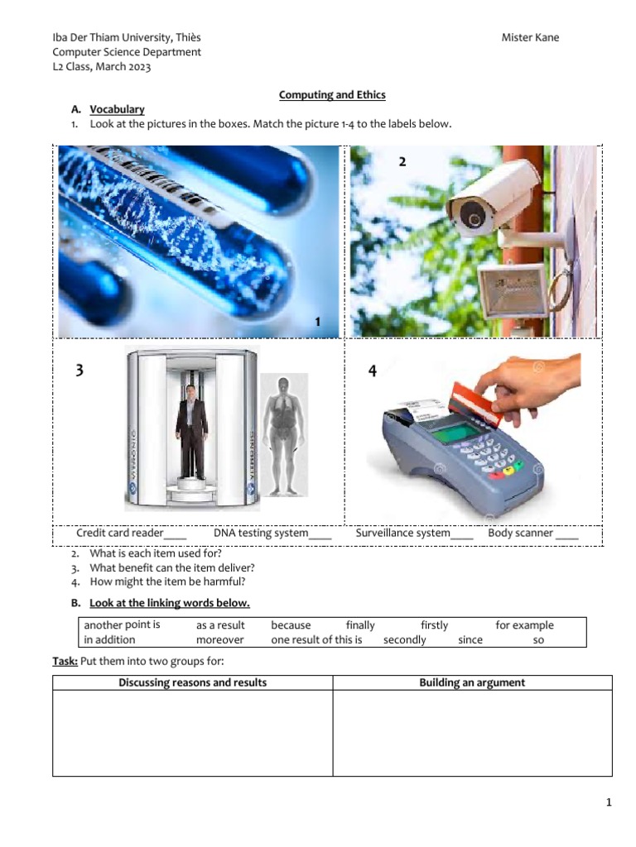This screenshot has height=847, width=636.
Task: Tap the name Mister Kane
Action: pyautogui.click(x=530, y=38)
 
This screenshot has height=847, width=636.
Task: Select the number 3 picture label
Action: pyautogui.click(x=79, y=371)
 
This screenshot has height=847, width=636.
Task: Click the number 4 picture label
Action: pyautogui.click(x=372, y=372)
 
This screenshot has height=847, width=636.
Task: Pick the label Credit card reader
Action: pyautogui.click(x=120, y=534)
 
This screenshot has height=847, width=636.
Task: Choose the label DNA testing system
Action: pyautogui.click(x=261, y=534)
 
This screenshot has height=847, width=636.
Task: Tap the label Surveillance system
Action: pyautogui.click(x=403, y=534)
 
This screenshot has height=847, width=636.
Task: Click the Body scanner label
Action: pyautogui.click(x=521, y=534)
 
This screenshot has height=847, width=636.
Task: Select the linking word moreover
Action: pyautogui.click(x=219, y=640)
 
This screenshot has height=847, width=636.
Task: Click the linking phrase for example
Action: pyautogui.click(x=524, y=625)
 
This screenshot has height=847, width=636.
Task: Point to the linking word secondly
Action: pyautogui.click(x=404, y=640)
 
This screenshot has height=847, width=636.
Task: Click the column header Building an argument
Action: pyautogui.click(x=472, y=682)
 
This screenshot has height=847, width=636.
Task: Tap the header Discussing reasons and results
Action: pyautogui.click(x=192, y=682)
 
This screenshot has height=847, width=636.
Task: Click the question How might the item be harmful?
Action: pyautogui.click(x=167, y=581)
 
